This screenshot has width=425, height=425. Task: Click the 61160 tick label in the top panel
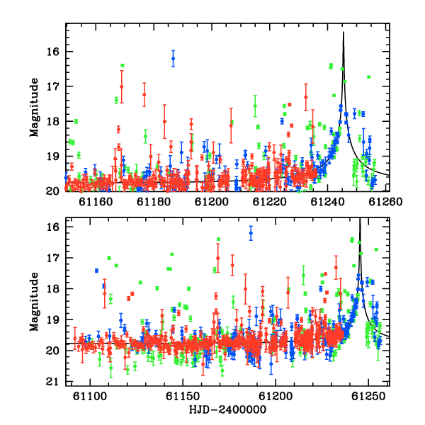pyautogui.click(x=96, y=202)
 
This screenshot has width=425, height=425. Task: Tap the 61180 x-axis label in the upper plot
pyautogui.click(x=154, y=202)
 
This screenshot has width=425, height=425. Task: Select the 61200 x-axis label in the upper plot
pyautogui.click(x=212, y=202)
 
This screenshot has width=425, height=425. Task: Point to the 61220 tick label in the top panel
pyautogui.click(x=269, y=202)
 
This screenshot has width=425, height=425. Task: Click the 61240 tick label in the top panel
pyautogui.click(x=327, y=202)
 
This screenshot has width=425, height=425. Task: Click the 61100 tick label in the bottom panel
pyautogui.click(x=90, y=396)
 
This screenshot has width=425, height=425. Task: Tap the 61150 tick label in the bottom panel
pyautogui.click(x=183, y=396)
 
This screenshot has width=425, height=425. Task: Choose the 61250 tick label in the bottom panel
pyautogui.click(x=368, y=396)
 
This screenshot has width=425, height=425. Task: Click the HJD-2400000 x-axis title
pyautogui.click(x=227, y=409)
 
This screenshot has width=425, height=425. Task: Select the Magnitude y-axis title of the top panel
pyautogui.click(x=34, y=108)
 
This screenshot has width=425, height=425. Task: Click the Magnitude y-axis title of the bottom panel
pyautogui.click(x=34, y=302)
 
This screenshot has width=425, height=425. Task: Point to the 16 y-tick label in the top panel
pyautogui.click(x=53, y=52)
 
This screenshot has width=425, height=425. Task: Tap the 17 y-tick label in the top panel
pyautogui.click(x=53, y=86)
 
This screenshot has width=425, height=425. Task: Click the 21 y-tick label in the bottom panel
pyautogui.click(x=53, y=382)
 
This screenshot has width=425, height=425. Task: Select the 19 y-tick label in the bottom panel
pyautogui.click(x=53, y=320)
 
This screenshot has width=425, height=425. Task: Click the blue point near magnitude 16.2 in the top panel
pyautogui.click(x=174, y=59)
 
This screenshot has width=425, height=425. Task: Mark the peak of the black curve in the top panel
pyautogui.click(x=344, y=32)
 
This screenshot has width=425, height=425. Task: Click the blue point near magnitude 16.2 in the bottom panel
pyautogui.click(x=251, y=233)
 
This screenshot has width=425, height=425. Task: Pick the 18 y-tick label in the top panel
pyautogui.click(x=53, y=121)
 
